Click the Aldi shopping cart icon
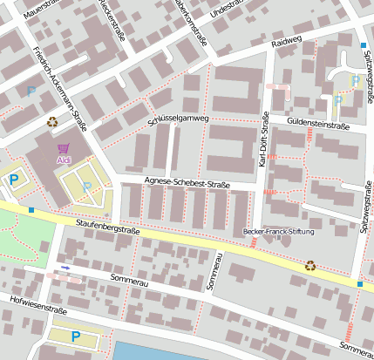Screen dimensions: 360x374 [64, 148]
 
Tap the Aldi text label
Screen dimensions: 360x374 [64, 160]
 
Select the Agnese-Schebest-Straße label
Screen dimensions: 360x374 [187, 184]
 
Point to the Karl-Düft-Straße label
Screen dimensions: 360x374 [263, 144]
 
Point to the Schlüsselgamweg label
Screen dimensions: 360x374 [179, 119]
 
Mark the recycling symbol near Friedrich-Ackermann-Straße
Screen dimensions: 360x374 [52, 123]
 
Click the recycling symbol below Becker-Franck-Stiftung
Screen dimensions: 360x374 [310, 265]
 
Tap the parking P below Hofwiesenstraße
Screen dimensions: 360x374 [75, 336]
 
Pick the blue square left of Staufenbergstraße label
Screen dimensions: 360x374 [31, 210]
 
